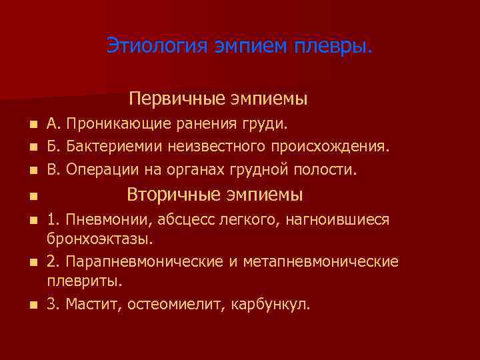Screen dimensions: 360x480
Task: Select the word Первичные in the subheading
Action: click(177, 99)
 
